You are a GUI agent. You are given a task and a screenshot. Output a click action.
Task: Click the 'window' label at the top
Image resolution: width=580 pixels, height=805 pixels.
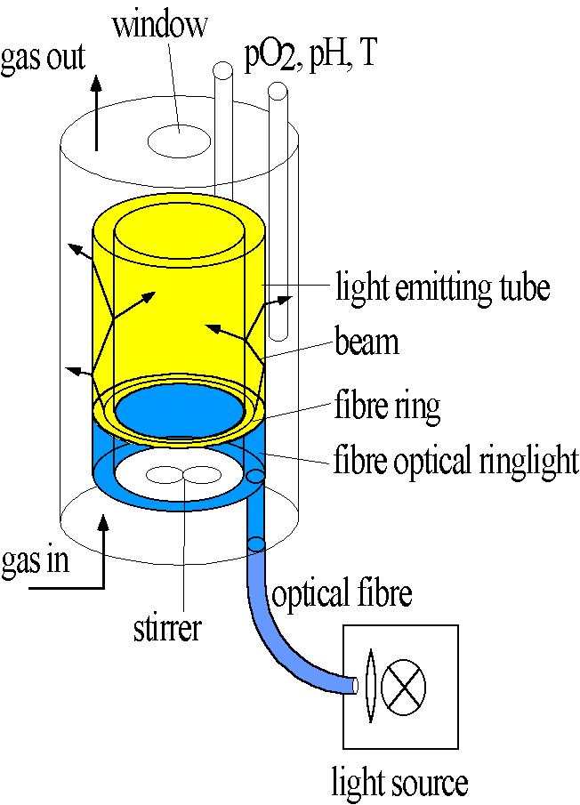click(159, 24)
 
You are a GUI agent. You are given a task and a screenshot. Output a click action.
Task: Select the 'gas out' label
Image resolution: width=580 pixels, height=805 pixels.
click(42, 58)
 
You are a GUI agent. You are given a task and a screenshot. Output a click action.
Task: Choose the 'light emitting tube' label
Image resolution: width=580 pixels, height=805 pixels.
click(442, 287)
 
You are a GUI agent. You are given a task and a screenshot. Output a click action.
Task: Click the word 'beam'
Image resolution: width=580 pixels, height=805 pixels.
click(367, 340)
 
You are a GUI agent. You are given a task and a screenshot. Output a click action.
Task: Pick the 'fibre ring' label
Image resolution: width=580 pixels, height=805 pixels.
click(388, 407)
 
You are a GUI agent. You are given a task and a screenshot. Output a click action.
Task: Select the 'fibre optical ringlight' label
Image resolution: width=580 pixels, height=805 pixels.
click(455, 462)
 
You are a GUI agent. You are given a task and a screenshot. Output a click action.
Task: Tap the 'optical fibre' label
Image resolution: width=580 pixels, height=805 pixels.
click(342, 594)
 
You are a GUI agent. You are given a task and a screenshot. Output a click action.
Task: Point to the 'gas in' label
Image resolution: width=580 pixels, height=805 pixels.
click(35, 563)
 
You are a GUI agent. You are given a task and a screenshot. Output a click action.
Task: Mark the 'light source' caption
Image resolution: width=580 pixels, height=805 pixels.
click(399, 783)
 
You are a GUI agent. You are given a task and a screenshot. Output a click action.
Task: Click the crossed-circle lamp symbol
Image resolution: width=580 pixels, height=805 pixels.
click(403, 686)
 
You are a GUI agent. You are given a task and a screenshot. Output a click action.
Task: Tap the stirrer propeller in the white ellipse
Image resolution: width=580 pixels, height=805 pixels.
click(183, 475)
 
